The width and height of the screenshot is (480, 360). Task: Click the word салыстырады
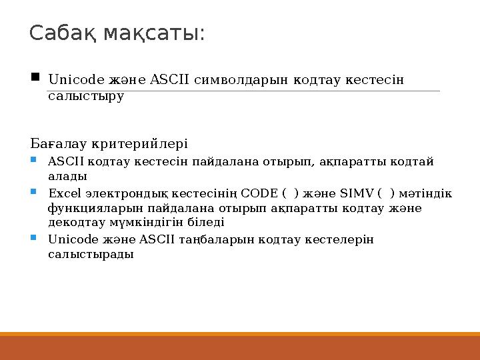(91, 254)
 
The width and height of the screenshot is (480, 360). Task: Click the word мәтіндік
(427, 193)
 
